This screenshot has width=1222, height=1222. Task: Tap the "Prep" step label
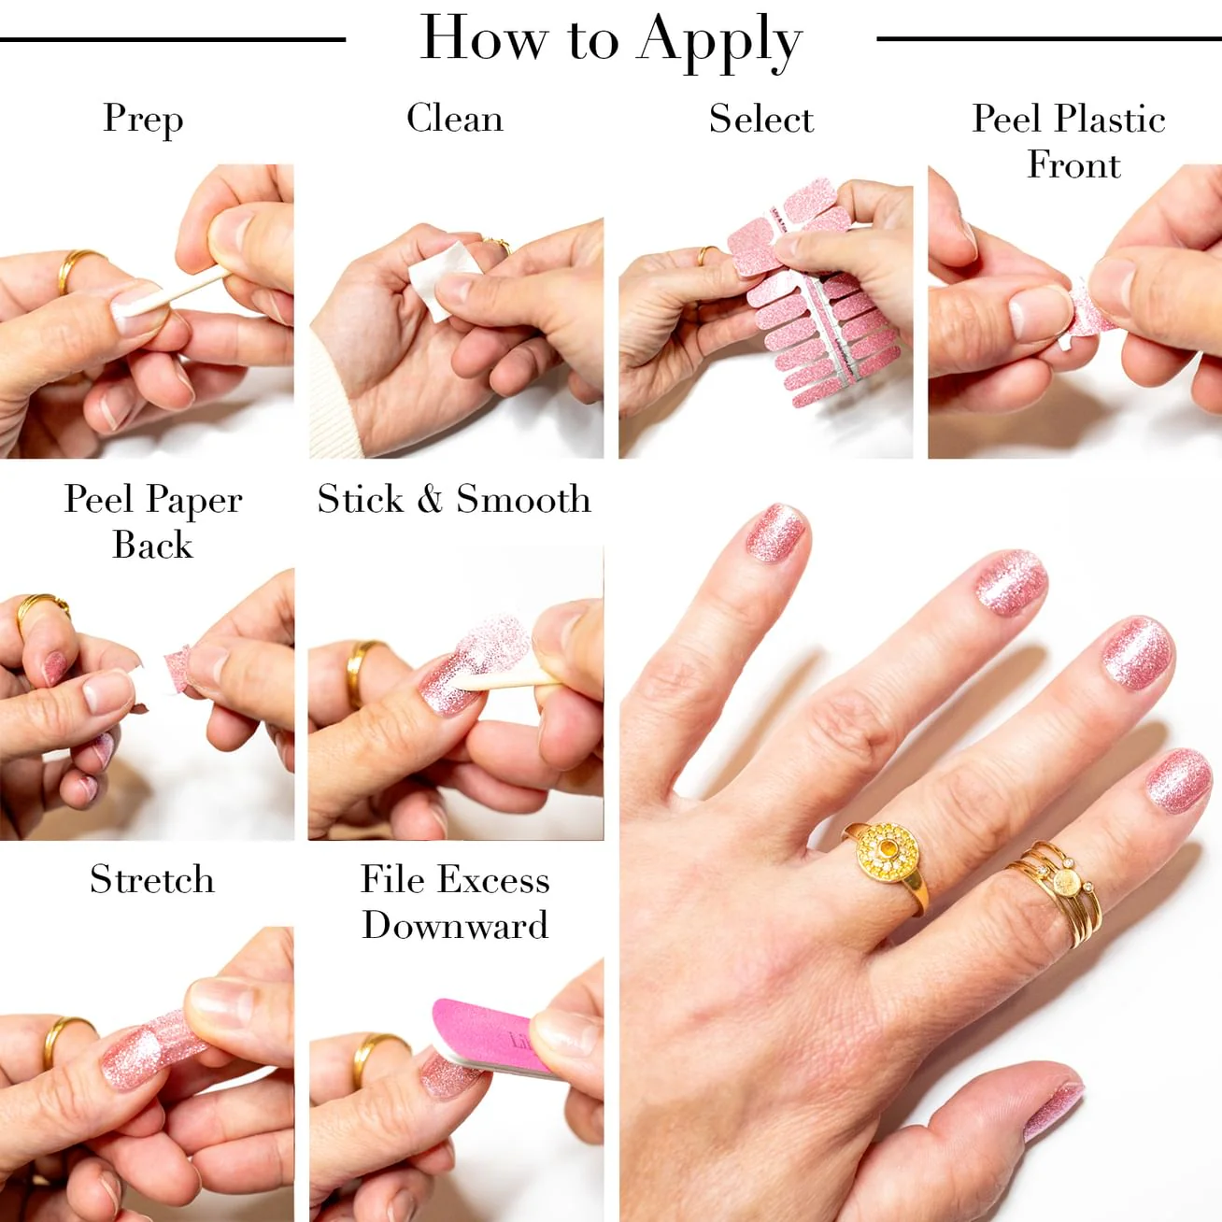point(143,120)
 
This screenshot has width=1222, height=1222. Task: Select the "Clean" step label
point(455,118)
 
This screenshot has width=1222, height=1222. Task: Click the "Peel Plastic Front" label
point(1069,141)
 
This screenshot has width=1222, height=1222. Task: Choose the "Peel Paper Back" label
point(153,521)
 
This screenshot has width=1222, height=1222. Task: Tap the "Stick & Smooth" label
point(454,499)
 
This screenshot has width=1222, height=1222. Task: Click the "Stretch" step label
point(152,879)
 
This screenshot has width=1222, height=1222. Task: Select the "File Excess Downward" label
point(455,902)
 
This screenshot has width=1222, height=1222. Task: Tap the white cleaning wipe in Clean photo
point(441,279)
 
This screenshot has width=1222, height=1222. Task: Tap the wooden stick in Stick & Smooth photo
point(507,680)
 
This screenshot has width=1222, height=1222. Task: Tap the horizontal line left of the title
point(173,39)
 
